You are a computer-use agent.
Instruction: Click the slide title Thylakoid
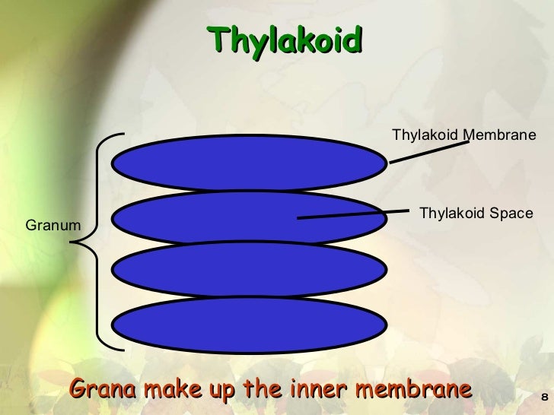click(285, 39)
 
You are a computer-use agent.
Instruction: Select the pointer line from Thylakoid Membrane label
click(424, 151)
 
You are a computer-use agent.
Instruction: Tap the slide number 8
click(543, 398)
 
